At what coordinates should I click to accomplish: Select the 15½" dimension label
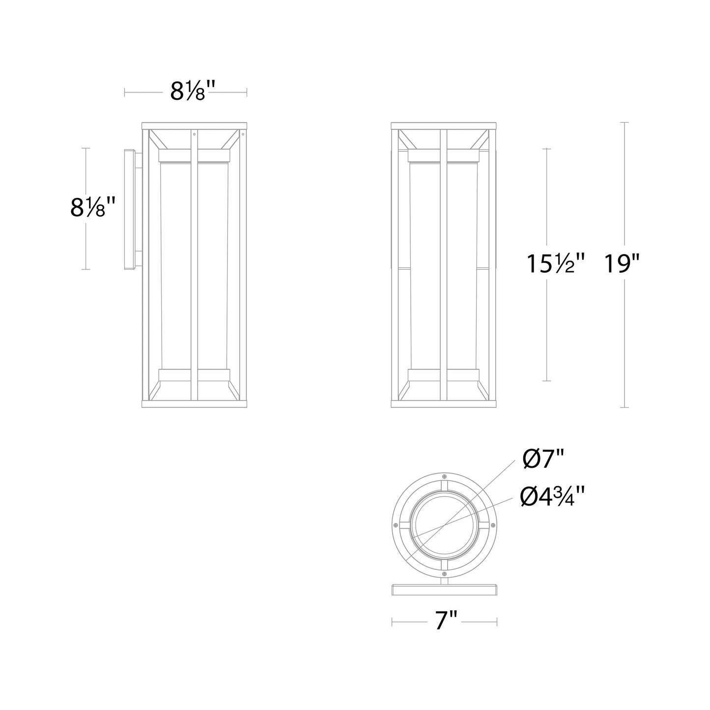click(556, 264)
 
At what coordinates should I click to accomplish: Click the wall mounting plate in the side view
click(130, 209)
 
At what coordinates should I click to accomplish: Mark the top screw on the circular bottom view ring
click(444, 477)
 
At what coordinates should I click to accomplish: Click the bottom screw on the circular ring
click(444, 573)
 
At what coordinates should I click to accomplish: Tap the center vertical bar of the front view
click(443, 265)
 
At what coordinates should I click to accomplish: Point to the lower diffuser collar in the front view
click(443, 374)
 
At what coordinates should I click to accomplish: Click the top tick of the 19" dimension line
click(624, 122)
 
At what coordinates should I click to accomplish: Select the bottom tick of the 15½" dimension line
click(547, 381)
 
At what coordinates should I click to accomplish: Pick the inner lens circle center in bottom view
click(444, 525)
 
